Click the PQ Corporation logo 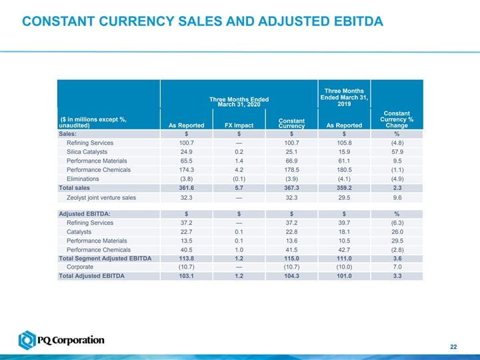[x=61, y=341]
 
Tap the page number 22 [x=453, y=345]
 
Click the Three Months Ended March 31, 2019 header [x=344, y=97]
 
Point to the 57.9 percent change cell [x=397, y=155]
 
